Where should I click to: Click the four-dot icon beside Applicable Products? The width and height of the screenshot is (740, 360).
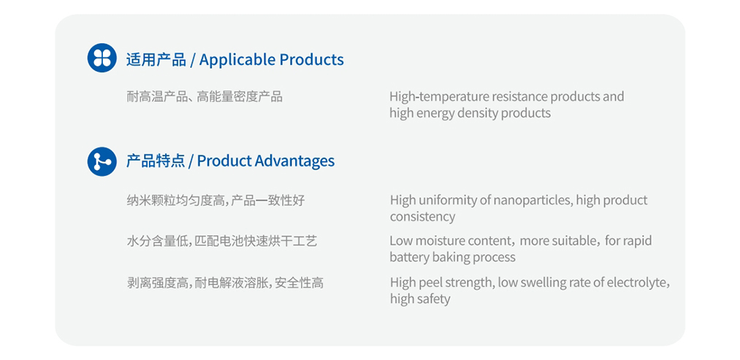[102, 58]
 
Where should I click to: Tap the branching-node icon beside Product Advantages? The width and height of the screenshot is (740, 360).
[102, 161]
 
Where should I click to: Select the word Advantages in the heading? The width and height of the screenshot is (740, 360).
[294, 161]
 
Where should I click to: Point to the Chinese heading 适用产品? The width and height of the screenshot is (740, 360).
[156, 60]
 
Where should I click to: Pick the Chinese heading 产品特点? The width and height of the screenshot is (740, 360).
[156, 161]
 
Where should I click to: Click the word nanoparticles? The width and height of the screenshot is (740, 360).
[533, 200]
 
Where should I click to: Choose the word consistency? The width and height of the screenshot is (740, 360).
[422, 217]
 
